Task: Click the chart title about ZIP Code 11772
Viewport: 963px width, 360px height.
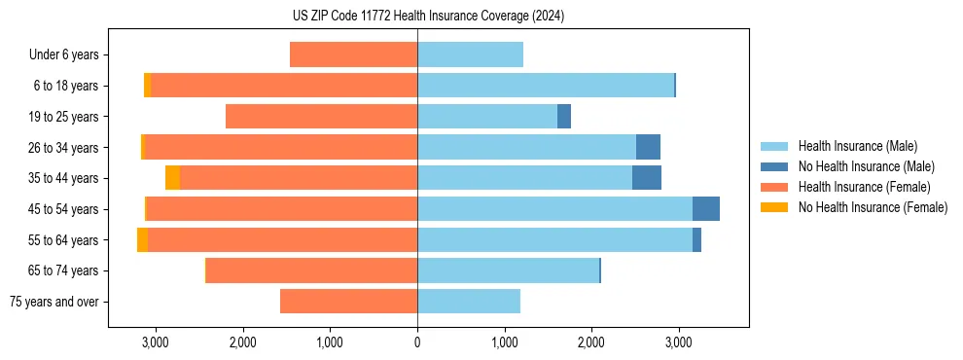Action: [x=428, y=16]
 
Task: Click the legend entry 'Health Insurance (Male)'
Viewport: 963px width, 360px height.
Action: [x=857, y=146]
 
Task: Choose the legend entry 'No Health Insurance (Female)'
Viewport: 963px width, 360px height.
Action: [x=873, y=207]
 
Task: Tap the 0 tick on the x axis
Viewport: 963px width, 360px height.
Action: [x=417, y=342]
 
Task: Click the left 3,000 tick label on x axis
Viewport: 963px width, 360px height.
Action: [x=155, y=342]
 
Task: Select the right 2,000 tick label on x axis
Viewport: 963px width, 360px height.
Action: [x=591, y=342]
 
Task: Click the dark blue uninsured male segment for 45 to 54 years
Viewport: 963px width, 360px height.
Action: [x=706, y=208]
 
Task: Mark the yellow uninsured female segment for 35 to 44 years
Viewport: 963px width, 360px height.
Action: [x=172, y=178]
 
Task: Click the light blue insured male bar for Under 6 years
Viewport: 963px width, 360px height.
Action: [x=470, y=54]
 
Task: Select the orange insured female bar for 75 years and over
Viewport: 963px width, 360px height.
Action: [x=348, y=302]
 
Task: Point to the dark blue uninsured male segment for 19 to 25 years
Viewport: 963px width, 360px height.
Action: [x=564, y=117]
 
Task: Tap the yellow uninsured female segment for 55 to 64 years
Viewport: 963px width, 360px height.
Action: [x=142, y=239]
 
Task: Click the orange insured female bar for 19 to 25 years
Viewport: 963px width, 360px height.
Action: [x=321, y=117]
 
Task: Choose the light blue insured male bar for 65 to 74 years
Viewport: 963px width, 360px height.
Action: [x=508, y=270]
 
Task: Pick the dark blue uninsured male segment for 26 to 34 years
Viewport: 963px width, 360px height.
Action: [x=648, y=147]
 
